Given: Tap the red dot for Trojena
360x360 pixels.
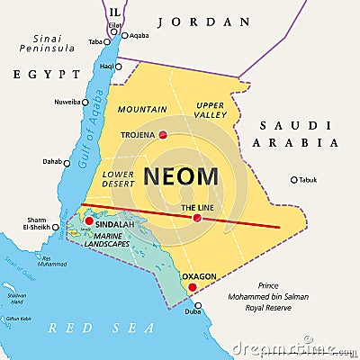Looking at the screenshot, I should click(163, 136).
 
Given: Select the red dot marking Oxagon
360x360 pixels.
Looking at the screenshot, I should click(192, 288).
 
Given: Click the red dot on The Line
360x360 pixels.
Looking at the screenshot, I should click(197, 217).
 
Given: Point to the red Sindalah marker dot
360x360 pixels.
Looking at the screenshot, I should click(88, 220).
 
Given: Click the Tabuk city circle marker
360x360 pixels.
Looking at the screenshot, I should click(293, 179).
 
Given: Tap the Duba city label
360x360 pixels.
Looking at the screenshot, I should click(193, 310).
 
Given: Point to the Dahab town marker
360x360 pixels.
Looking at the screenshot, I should click(67, 163).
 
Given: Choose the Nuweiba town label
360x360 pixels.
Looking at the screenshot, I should click(67, 102).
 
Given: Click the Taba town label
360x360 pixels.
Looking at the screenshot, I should click(94, 41).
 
